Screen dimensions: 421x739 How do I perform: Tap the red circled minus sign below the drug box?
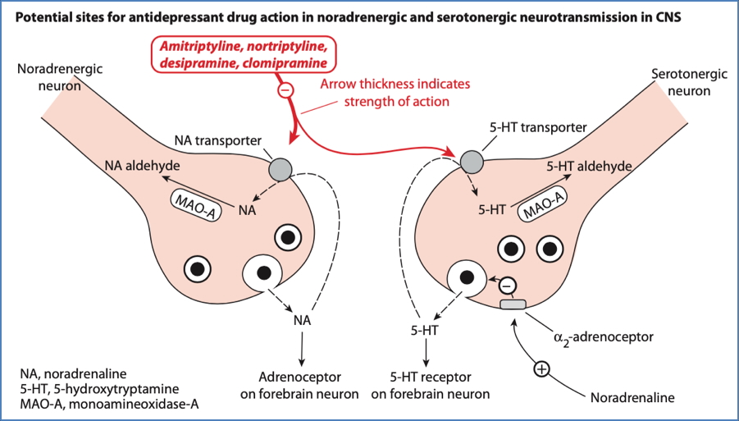pos(285,90)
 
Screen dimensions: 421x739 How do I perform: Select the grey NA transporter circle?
pos(281,168)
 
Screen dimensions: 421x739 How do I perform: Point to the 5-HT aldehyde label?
pos(589,166)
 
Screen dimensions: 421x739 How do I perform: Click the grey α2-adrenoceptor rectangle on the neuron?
pos(513,304)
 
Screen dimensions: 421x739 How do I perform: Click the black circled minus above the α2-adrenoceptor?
pos(508,285)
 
